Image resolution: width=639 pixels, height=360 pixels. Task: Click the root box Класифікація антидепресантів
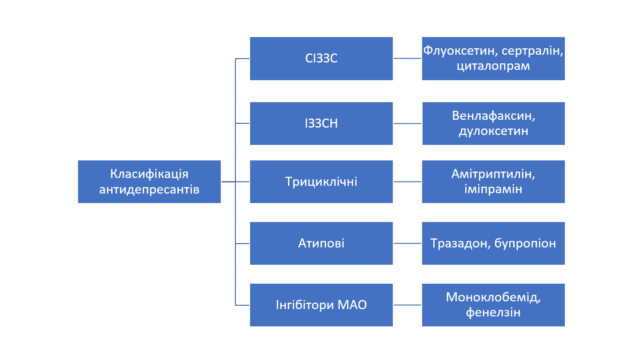click(x=149, y=182)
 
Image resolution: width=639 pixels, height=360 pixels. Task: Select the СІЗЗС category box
click(x=321, y=59)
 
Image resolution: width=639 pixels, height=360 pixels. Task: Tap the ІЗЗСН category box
click(x=321, y=123)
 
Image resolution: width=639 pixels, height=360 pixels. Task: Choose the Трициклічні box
click(x=321, y=182)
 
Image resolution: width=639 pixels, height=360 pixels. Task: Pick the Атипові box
click(x=321, y=243)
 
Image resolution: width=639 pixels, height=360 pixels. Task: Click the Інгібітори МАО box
click(x=321, y=305)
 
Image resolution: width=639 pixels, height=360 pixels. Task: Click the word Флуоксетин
click(x=460, y=51)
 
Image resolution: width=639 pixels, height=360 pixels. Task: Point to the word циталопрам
click(x=493, y=66)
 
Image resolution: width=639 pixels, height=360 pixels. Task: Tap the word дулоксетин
click(x=493, y=131)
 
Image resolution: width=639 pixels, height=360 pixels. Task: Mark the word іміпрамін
click(x=493, y=189)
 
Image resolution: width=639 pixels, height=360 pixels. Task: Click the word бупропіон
click(x=525, y=244)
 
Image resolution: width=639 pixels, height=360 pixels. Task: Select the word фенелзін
click(x=493, y=312)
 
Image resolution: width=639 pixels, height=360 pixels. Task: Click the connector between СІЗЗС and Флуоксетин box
click(x=407, y=58)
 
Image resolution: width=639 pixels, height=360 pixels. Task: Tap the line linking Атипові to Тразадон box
click(x=407, y=243)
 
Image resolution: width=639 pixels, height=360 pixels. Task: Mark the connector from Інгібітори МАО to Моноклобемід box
click(x=407, y=305)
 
